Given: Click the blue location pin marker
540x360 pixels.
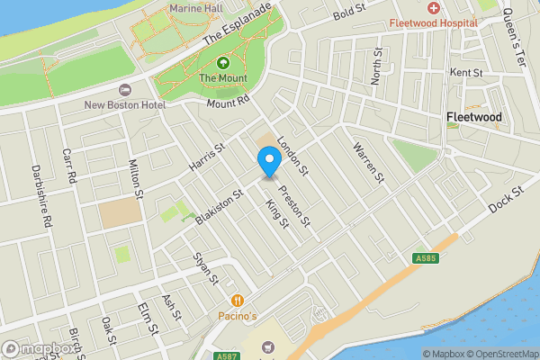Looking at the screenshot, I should pyautogui.click(x=268, y=163).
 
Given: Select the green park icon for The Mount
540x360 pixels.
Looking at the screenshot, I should pyautogui.click(x=221, y=63).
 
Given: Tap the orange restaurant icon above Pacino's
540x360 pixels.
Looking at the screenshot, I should pyautogui.click(x=237, y=301).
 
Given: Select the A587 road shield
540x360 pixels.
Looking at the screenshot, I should pyautogui.click(x=228, y=356).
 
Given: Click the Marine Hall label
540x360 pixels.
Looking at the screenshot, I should pyautogui.click(x=195, y=8).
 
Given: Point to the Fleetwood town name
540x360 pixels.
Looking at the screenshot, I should pyautogui.click(x=474, y=117).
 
